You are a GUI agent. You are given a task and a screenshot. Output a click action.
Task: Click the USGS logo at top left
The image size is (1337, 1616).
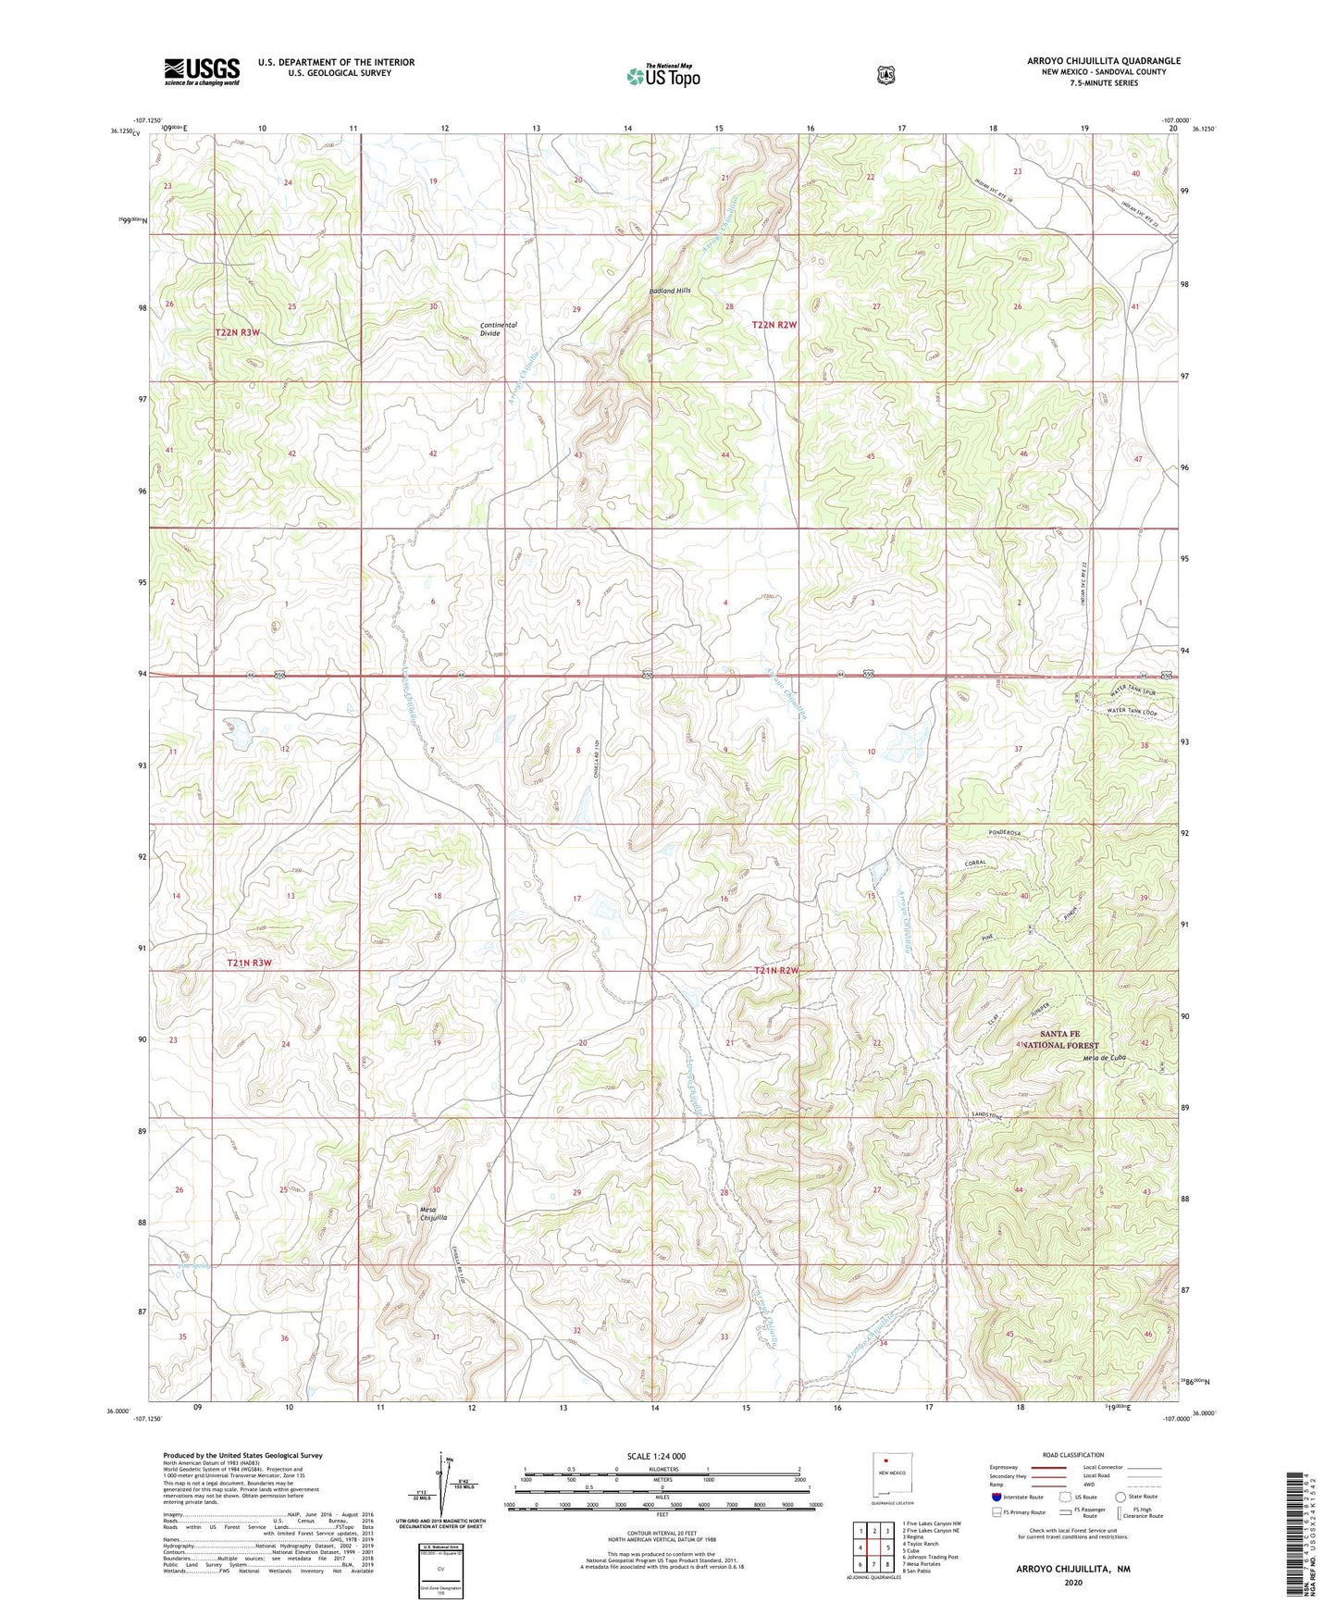click(x=202, y=71)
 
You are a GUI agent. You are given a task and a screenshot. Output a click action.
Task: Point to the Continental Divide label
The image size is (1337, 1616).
click(x=499, y=329)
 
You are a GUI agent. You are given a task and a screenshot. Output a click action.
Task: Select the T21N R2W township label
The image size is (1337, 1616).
click(x=775, y=970)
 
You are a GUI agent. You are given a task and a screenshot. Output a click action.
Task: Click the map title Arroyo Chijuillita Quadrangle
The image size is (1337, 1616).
click(x=1103, y=61)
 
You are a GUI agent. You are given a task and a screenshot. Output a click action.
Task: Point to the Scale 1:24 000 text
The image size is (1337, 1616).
click(x=656, y=1456)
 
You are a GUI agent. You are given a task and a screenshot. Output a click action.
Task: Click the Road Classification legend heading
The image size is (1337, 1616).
click(x=1072, y=1455)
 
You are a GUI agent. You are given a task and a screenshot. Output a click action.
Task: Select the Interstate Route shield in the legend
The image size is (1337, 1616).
click(x=997, y=1497)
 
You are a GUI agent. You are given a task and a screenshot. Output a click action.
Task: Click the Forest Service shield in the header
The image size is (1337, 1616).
click(x=886, y=75)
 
